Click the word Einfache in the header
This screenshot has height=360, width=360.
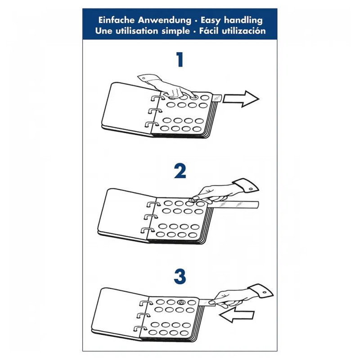117,20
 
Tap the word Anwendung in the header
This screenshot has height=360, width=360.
164,20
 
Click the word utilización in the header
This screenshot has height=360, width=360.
244,31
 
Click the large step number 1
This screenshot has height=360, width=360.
180,59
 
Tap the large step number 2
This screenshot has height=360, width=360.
180,171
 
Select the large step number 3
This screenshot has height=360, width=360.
180,277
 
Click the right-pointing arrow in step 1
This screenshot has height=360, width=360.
241,99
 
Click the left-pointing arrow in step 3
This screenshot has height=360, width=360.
237,315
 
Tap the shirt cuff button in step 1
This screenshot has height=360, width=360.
144,78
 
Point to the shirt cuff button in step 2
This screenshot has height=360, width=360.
251,189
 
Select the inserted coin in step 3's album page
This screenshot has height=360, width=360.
181,302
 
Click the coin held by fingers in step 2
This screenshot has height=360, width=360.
192,200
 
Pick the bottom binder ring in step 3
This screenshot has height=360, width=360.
140,328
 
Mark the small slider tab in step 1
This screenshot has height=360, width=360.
217,98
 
